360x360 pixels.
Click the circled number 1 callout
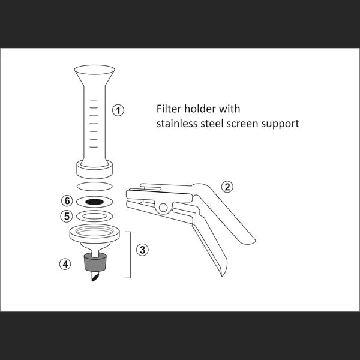tap(118, 110)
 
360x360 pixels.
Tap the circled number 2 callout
tap(227, 187)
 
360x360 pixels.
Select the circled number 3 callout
tap(142, 250)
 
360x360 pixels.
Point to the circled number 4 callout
tap(65, 264)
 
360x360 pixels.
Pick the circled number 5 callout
tap(67, 216)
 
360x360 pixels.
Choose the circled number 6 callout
tap(67, 201)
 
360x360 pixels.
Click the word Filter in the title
tap(169, 109)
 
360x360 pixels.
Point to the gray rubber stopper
tap(95, 262)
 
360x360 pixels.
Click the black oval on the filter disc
tap(95, 202)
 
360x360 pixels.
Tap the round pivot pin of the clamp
tap(163, 208)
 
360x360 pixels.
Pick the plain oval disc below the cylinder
tap(94, 187)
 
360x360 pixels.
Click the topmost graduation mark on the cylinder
tap(94, 100)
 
